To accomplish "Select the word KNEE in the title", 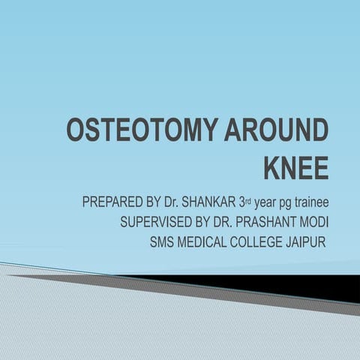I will pos(295,167).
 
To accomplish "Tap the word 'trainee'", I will pos(310,202).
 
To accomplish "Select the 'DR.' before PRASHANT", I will pos(229,223).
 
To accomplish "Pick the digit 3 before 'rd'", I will pos(250,202).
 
